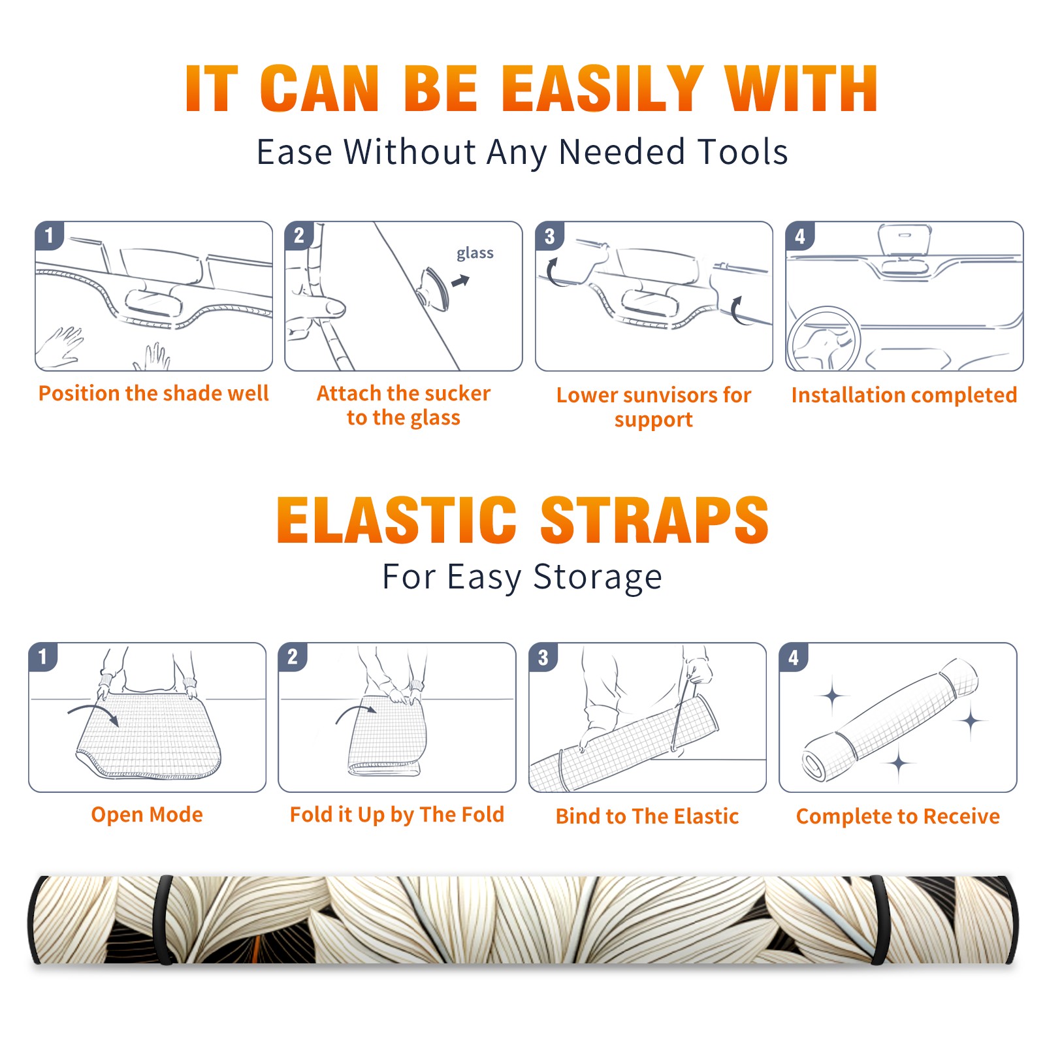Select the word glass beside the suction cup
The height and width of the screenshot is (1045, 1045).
pos(475,253)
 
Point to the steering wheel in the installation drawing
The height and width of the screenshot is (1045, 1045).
pos(824,339)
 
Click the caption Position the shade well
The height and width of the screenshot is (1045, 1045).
pos(153,393)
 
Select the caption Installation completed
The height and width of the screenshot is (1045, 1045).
pos(904,395)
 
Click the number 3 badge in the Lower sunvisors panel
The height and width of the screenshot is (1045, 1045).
pos(549,236)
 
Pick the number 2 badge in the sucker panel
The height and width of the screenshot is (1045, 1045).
pos(298,235)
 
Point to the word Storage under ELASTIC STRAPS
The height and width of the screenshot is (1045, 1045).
pos(598,577)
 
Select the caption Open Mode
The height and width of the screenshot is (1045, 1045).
pos(147,814)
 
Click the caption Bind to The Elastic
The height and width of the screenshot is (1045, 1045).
pos(647,816)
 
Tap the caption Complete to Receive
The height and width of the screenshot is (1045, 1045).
pos(898,816)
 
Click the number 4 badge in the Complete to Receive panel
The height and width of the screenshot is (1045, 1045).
pos(794,657)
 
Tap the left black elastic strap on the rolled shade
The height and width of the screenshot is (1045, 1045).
pos(163,920)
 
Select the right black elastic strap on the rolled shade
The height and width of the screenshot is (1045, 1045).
pos(878,920)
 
